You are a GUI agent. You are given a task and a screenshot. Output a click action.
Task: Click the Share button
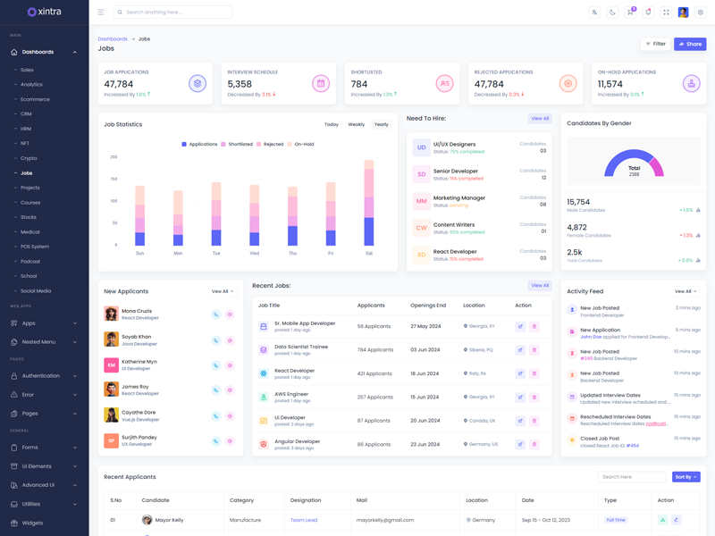(x=690, y=44)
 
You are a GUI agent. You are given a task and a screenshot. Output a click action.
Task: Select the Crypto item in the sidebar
(x=29, y=158)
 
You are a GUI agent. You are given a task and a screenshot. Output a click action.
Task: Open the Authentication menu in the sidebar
(x=41, y=376)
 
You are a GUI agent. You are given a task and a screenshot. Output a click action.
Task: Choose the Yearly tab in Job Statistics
(x=382, y=124)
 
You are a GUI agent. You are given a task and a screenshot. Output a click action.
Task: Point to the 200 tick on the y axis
(x=114, y=157)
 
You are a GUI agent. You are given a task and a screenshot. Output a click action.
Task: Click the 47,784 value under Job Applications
(x=119, y=84)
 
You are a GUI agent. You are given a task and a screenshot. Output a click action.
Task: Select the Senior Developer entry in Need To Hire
(x=456, y=171)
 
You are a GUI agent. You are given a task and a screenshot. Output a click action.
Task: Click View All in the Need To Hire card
(x=540, y=118)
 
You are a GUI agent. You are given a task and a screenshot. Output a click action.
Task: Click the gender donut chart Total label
(x=634, y=168)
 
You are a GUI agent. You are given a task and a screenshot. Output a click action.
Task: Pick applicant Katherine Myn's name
(x=139, y=362)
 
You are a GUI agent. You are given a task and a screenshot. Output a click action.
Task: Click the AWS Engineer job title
(x=291, y=394)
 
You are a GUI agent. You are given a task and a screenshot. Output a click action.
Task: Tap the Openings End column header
(x=428, y=306)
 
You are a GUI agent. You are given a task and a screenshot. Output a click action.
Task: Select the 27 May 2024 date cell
(x=425, y=326)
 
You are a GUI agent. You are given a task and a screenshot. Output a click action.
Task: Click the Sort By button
(x=686, y=477)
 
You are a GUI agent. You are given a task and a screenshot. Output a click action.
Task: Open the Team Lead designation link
(x=304, y=520)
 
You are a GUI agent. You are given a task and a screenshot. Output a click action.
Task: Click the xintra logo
(x=44, y=12)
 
